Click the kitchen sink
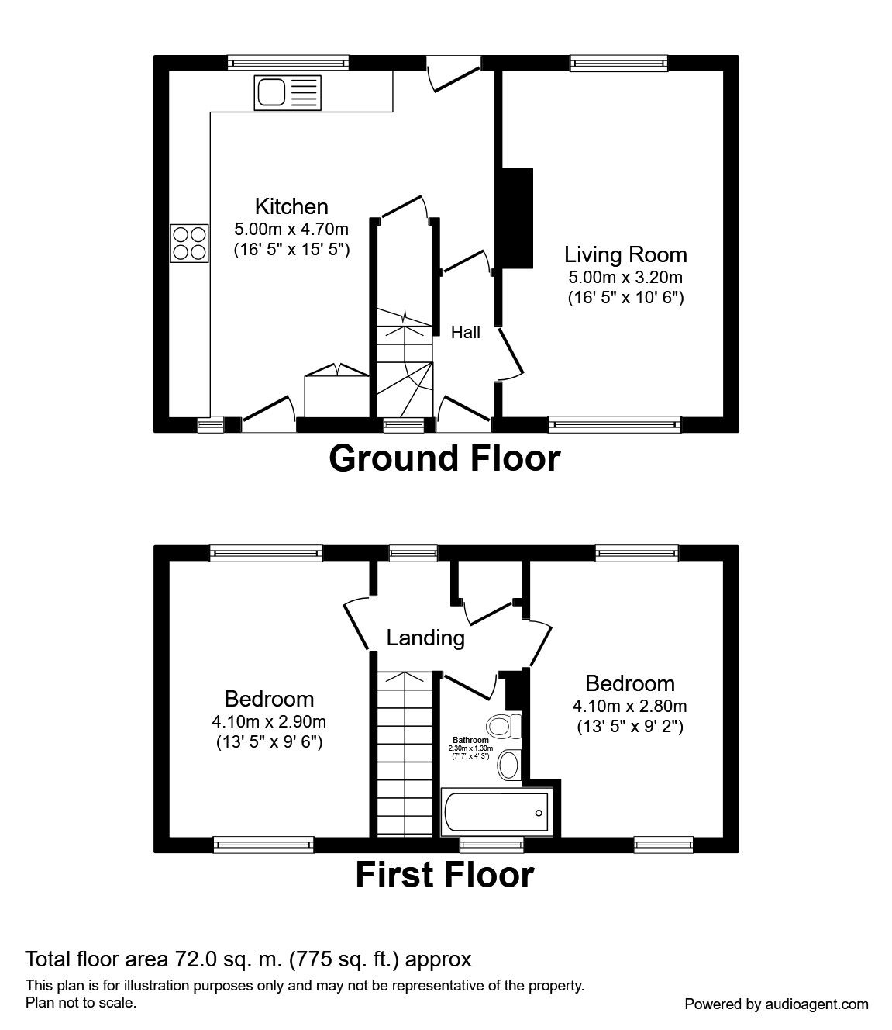(287, 93)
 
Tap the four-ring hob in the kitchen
(189, 242)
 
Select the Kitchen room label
(291, 206)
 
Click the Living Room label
(625, 254)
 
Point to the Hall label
(466, 333)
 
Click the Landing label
(425, 638)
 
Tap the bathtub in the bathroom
(495, 812)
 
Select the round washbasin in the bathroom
(508, 764)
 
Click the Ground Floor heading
(444, 458)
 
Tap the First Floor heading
(444, 875)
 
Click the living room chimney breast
(515, 217)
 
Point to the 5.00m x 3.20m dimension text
(625, 277)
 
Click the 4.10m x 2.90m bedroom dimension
(269, 721)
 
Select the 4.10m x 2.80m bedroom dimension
(629, 706)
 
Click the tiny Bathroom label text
(470, 741)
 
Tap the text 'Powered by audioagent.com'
(777, 1004)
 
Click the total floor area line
(248, 959)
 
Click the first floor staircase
(403, 752)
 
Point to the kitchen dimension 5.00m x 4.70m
(291, 229)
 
